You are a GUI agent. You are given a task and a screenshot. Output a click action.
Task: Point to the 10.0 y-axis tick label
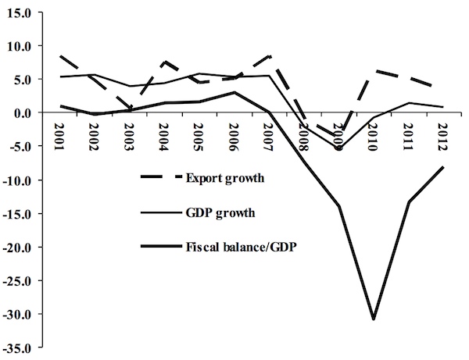18,46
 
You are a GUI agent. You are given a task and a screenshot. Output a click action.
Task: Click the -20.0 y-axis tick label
16,248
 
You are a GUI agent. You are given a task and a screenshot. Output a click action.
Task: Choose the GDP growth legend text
220,212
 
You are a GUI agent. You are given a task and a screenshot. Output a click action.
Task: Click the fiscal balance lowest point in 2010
373,319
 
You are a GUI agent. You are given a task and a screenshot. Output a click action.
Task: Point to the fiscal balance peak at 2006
233,92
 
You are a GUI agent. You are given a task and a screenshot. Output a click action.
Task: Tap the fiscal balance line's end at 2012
442,167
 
